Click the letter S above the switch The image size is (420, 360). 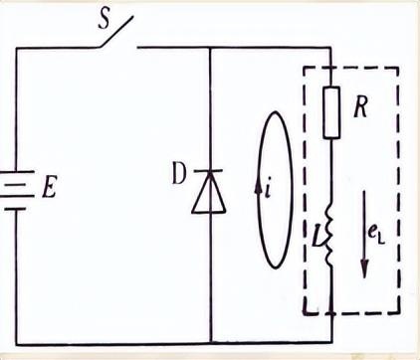point(105,21)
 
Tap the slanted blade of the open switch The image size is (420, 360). point(115,32)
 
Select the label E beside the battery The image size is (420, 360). point(49,188)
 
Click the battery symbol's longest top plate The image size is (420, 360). point(17,172)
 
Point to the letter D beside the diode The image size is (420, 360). point(179,175)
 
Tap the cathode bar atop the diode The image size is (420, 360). point(209,171)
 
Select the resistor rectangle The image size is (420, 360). point(331,112)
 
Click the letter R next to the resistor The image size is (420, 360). point(361,107)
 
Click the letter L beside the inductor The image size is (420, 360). point(317,237)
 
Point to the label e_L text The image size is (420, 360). point(376,236)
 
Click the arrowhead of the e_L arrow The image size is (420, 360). point(364,269)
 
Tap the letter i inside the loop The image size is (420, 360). point(269,190)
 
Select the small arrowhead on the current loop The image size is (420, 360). point(258,188)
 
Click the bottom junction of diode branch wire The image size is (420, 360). point(211,343)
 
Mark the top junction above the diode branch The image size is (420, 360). point(211,48)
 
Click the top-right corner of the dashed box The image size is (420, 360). point(398,69)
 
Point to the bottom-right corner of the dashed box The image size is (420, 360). point(398,312)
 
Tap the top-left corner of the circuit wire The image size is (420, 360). point(17,49)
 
